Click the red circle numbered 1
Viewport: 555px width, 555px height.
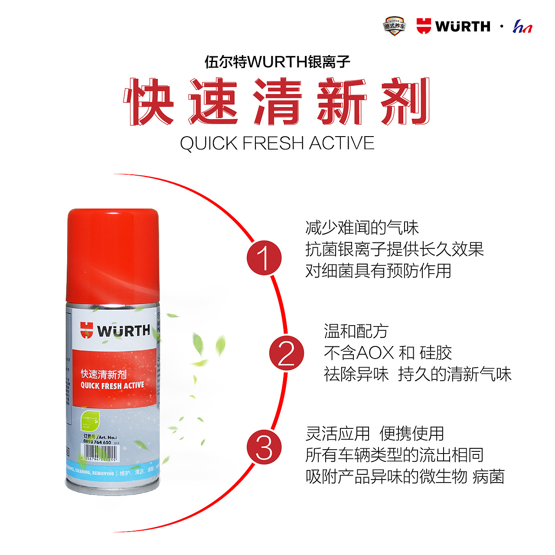coord(264,258)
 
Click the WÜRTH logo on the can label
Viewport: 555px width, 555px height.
coord(115,331)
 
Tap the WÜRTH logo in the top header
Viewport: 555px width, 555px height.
coord(453,26)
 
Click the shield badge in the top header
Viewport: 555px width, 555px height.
coord(394,26)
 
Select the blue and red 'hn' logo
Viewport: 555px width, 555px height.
coord(522,27)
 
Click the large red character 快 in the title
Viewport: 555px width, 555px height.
coord(149,102)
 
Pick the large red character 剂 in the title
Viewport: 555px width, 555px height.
coord(405,102)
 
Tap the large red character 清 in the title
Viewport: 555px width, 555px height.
coord(277,102)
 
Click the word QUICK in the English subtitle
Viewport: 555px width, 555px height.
coord(209,144)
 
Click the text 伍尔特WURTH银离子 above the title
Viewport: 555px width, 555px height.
coord(277,62)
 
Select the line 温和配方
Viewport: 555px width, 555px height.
coord(356,331)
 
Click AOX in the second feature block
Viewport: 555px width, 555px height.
coord(375,353)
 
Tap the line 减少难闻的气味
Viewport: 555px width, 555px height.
coord(362,228)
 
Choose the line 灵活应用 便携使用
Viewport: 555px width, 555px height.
coord(375,433)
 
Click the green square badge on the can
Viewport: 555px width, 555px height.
coord(91,421)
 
